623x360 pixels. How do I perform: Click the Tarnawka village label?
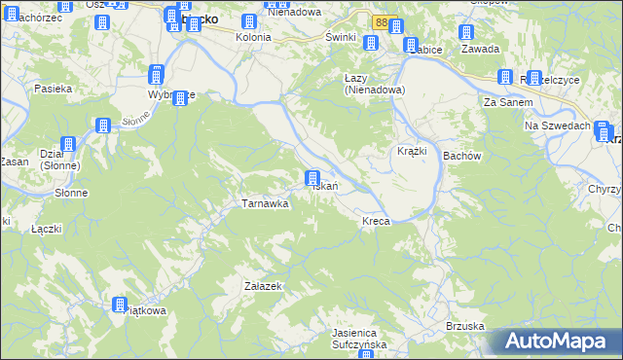265,203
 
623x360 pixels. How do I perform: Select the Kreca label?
376,222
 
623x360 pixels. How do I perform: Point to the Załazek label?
263,286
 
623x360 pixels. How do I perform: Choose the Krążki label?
412,152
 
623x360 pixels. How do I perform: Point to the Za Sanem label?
504,101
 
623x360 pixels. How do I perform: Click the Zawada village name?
481,49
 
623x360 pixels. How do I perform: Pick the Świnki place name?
340,37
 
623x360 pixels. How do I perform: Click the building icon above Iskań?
311,178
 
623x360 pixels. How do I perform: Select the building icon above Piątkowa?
120,305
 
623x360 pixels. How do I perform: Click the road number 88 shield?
381,20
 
